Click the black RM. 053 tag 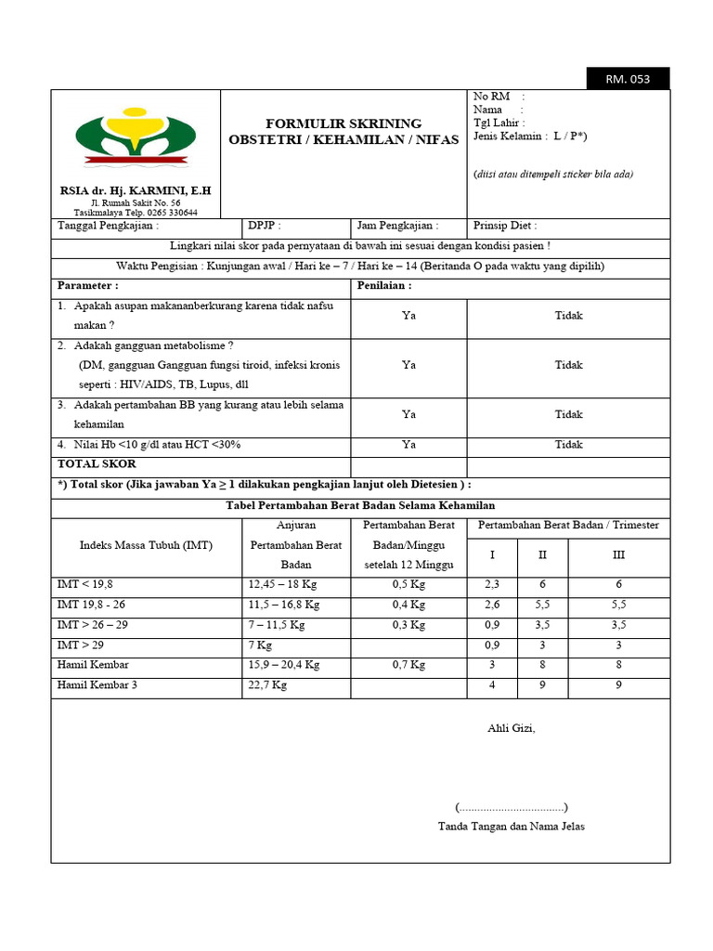(x=628, y=79)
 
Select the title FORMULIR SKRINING (x=344, y=124)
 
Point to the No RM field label (x=492, y=97)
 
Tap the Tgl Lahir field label (x=499, y=123)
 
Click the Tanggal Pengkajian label (x=108, y=226)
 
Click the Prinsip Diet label (x=505, y=226)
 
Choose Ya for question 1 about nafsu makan (x=408, y=316)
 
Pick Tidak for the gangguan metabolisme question (x=568, y=365)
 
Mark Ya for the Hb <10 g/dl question (x=408, y=445)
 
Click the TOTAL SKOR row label (x=97, y=463)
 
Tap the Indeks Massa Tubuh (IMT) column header (x=147, y=545)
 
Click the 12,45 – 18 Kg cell (x=284, y=584)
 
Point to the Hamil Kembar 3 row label (x=97, y=685)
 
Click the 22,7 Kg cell (x=267, y=685)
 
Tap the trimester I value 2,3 (x=492, y=584)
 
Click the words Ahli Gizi (x=512, y=728)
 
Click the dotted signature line (x=512, y=807)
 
